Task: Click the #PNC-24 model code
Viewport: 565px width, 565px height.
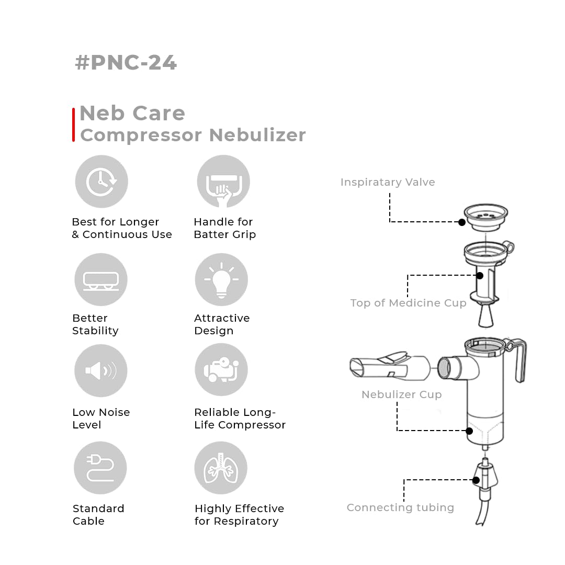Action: pyautogui.click(x=126, y=62)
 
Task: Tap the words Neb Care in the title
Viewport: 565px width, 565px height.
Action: pyautogui.click(x=132, y=113)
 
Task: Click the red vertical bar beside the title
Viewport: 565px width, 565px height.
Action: pyautogui.click(x=73, y=125)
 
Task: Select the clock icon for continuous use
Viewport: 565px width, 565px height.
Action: pyautogui.click(x=101, y=182)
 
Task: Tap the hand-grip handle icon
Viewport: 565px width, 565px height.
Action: pyautogui.click(x=223, y=182)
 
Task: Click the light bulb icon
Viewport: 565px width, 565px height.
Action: pyautogui.click(x=221, y=279)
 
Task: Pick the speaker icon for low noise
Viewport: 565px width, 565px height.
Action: pyautogui.click(x=100, y=370)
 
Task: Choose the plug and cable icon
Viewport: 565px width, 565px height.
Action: pyautogui.click(x=100, y=468)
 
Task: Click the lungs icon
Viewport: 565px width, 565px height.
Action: pyautogui.click(x=221, y=468)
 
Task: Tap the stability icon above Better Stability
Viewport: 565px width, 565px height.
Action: pyautogui.click(x=100, y=279)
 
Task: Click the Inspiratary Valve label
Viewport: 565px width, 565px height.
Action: pyautogui.click(x=387, y=182)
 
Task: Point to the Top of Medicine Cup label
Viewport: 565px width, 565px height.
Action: pyautogui.click(x=408, y=303)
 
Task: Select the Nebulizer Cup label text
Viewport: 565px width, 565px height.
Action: pyautogui.click(x=401, y=394)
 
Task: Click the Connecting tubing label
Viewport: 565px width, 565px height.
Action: pyautogui.click(x=400, y=507)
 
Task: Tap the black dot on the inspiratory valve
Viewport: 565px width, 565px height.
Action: pyautogui.click(x=462, y=222)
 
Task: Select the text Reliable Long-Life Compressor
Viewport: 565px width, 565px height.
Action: pyautogui.click(x=240, y=419)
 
